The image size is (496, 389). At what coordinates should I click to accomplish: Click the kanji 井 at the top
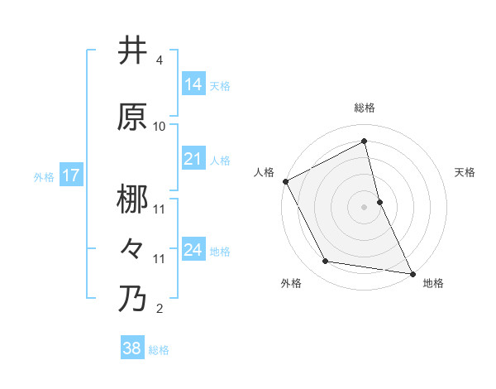pos(133,50)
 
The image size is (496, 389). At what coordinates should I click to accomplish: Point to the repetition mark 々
pos(133,248)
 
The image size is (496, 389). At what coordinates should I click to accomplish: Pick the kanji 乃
pos(133,299)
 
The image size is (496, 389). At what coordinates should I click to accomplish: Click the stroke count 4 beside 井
pos(160,60)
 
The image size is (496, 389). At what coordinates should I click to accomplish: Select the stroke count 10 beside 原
pos(160,127)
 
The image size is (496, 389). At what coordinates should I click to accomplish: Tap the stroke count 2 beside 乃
pos(160,309)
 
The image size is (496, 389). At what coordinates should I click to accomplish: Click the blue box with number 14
pos(193,84)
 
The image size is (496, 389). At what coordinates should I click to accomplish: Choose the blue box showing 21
pos(193,159)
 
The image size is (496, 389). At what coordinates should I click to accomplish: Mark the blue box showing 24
pos(193,250)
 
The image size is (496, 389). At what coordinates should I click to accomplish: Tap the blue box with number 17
pos(71,175)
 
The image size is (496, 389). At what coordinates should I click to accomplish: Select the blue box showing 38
pos(132,348)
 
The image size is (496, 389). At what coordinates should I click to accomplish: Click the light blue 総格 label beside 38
pos(159,350)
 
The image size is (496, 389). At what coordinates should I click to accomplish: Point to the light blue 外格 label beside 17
pos(44,176)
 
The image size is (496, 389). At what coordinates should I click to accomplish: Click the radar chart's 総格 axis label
pos(365,108)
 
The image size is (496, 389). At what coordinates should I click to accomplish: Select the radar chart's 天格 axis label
pos(465,172)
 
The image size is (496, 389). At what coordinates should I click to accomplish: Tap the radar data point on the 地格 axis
pos(412,272)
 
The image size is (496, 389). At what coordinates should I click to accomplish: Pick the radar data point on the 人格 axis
pos(285,181)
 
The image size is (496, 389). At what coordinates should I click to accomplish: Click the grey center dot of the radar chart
pos(365,206)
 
